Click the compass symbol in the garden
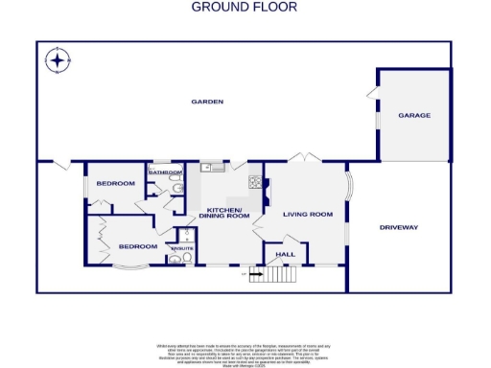click(x=58, y=62)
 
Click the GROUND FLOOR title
click(x=245, y=7)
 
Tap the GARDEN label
click(x=206, y=101)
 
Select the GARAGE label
click(x=414, y=115)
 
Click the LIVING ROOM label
click(x=307, y=215)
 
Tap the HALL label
click(x=285, y=254)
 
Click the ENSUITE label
click(x=181, y=248)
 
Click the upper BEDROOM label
click(x=115, y=183)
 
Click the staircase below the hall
click(x=278, y=276)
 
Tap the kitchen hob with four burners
click(x=255, y=181)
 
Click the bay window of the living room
click(x=348, y=185)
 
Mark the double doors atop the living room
click(x=304, y=157)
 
